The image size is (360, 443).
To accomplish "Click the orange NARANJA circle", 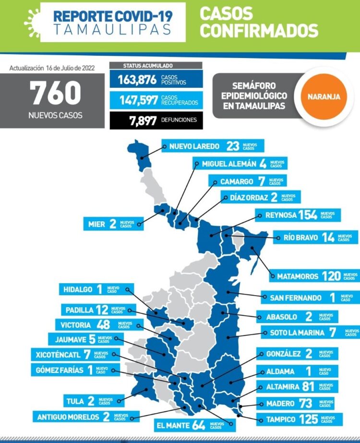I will pyautogui.click(x=321, y=96).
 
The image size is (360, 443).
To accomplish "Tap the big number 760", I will pyautogui.click(x=56, y=93).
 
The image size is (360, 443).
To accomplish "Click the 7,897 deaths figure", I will pyautogui.click(x=143, y=120).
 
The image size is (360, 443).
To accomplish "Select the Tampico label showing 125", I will pyautogui.click(x=298, y=419).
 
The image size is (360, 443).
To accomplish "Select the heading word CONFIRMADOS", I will pyautogui.click(x=259, y=31).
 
